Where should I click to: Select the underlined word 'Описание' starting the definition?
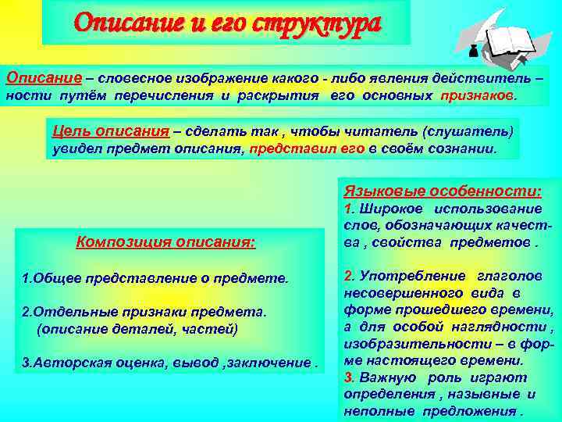(x=34, y=78)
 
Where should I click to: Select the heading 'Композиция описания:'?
(x=165, y=241)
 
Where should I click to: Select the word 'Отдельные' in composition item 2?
(x=66, y=313)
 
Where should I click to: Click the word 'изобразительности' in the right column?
(x=399, y=345)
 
